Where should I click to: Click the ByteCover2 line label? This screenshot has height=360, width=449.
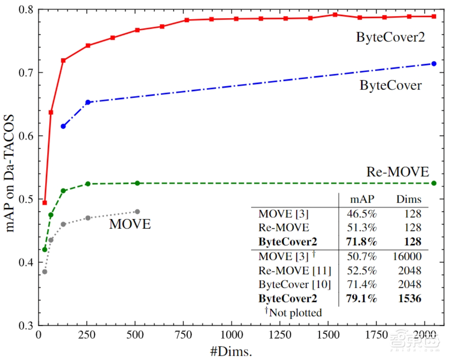[390, 37]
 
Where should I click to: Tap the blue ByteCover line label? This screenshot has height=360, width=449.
[391, 85]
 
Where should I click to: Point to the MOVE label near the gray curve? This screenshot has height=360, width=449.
[130, 224]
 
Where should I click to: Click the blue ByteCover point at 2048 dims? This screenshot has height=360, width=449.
[434, 64]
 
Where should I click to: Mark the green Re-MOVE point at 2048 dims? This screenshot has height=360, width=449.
[434, 183]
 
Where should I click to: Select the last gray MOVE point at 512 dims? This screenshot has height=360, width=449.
[137, 212]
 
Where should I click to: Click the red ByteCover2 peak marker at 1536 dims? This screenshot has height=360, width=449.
[335, 15]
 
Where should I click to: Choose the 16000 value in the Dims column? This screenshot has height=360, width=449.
[406, 256]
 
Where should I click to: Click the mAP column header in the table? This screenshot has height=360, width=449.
[361, 200]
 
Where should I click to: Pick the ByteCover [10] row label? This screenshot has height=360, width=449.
[295, 284]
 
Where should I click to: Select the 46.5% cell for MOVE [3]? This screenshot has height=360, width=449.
[361, 214]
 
